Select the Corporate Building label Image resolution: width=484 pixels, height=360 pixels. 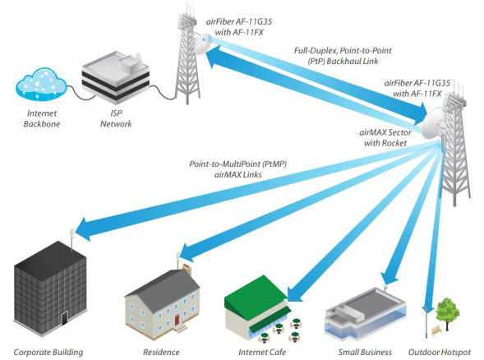(x=48, y=352)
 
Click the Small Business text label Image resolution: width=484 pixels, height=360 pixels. (x=361, y=352)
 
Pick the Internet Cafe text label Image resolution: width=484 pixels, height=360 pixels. (x=261, y=352)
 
